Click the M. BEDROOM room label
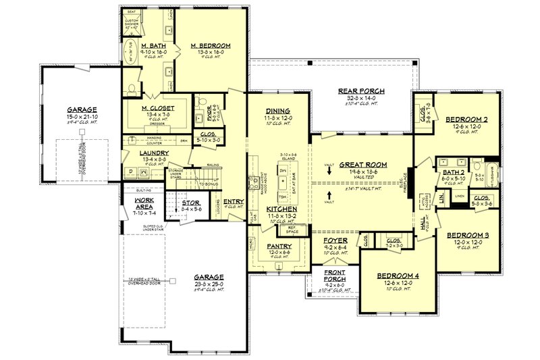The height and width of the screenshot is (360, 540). click(210, 46)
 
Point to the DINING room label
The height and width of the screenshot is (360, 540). click(278, 111)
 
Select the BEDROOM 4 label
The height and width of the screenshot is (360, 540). click(393, 276)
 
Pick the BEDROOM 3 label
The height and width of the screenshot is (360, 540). click(467, 236)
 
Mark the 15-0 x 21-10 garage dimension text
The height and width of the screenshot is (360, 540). click(82, 117)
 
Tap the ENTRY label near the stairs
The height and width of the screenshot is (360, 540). click(234, 201)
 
